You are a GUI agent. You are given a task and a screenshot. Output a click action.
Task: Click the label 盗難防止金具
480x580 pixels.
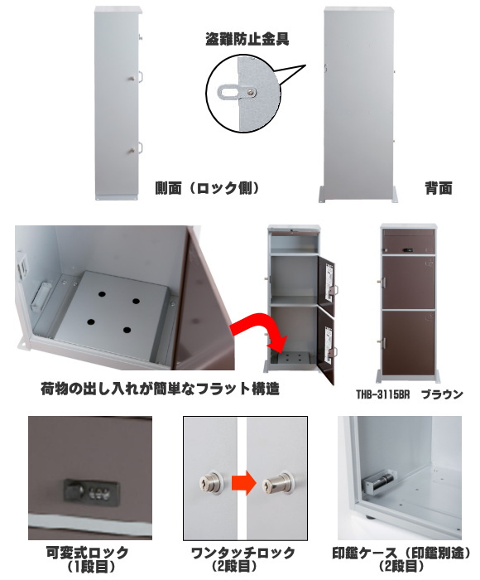tap(247, 39)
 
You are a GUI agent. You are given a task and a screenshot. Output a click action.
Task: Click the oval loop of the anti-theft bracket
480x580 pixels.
tap(228, 91)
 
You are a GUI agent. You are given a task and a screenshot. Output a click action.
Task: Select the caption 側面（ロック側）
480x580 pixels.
tap(207, 188)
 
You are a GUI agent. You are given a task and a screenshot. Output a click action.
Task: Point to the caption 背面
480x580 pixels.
tap(439, 188)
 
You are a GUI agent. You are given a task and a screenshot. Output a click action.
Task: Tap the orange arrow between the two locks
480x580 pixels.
tap(244, 482)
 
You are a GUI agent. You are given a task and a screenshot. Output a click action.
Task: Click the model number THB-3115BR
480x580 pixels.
tap(383, 394)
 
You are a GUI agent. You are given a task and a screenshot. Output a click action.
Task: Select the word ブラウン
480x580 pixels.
tap(442, 394)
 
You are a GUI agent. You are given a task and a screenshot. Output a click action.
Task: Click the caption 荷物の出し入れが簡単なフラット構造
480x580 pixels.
tap(160, 389)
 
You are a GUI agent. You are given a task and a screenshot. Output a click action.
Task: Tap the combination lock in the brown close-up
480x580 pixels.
tap(91, 491)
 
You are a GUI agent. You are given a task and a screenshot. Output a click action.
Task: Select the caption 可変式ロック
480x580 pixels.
tap(87, 553)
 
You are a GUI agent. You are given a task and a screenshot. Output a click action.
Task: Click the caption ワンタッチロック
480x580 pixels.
tap(243, 553)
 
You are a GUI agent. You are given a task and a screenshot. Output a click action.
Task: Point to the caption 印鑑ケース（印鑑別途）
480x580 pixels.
tap(402, 553)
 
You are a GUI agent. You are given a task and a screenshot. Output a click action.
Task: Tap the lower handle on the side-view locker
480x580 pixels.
tap(137, 148)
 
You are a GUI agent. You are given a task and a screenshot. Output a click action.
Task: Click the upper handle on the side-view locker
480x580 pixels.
tap(137, 77)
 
